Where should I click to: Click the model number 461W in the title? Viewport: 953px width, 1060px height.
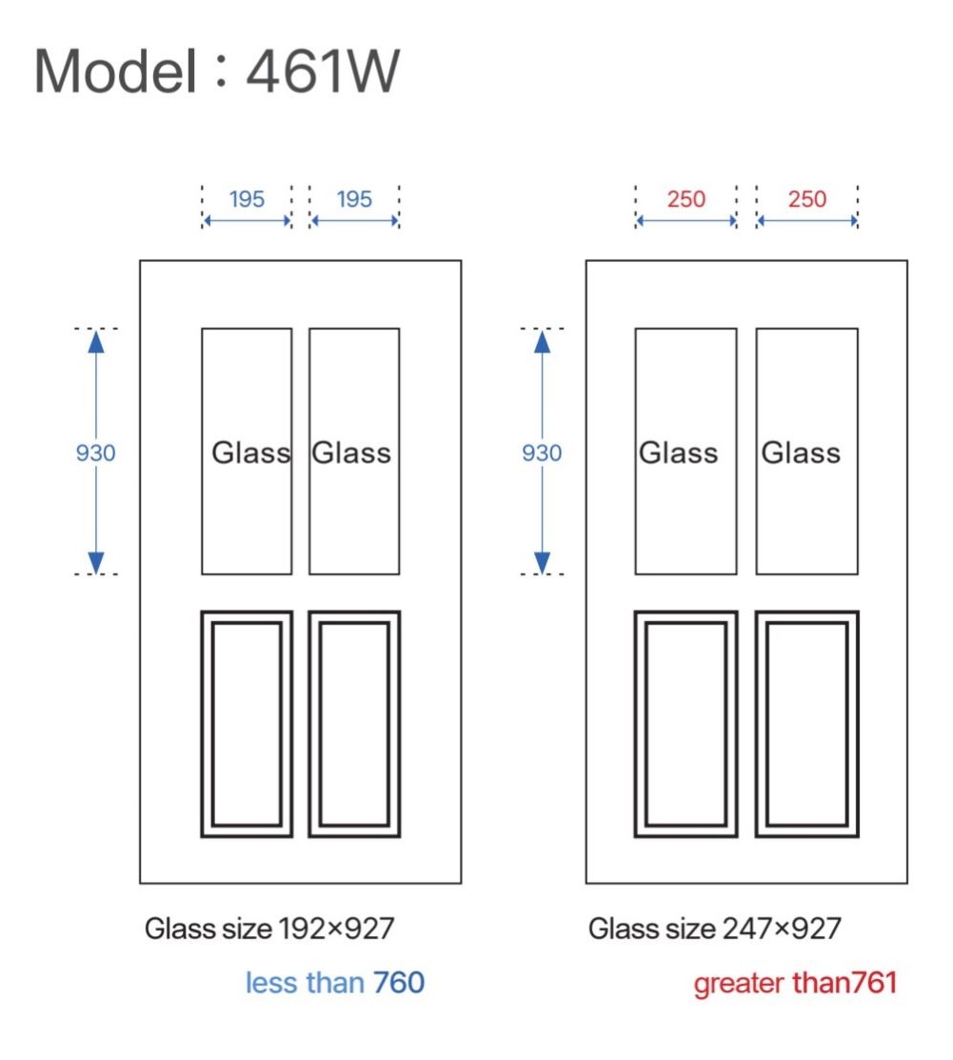click(322, 70)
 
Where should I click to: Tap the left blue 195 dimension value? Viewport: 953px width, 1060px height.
click(247, 199)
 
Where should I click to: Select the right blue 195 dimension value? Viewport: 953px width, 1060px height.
click(354, 199)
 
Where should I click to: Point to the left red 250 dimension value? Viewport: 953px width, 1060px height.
click(685, 199)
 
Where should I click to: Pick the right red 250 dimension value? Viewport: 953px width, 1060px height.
click(807, 199)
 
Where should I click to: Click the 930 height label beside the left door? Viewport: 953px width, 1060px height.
click(95, 453)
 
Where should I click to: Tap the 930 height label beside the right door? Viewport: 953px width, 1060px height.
click(542, 453)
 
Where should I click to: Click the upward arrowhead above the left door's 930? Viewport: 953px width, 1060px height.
click(95, 340)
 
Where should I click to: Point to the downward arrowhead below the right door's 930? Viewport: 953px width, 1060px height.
click(542, 563)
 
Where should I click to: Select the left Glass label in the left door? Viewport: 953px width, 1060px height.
click(250, 452)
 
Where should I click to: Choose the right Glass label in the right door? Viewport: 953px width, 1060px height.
click(801, 452)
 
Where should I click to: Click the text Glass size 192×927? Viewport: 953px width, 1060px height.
click(269, 928)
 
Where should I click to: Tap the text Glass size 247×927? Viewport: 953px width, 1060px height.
click(715, 928)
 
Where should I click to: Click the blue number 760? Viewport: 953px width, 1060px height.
click(398, 982)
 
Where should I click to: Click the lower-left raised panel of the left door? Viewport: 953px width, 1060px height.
click(247, 724)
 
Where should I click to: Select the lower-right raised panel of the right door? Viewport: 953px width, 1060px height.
click(807, 724)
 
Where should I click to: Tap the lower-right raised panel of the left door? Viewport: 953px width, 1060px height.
click(354, 724)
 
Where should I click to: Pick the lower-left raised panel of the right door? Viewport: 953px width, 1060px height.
click(685, 724)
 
